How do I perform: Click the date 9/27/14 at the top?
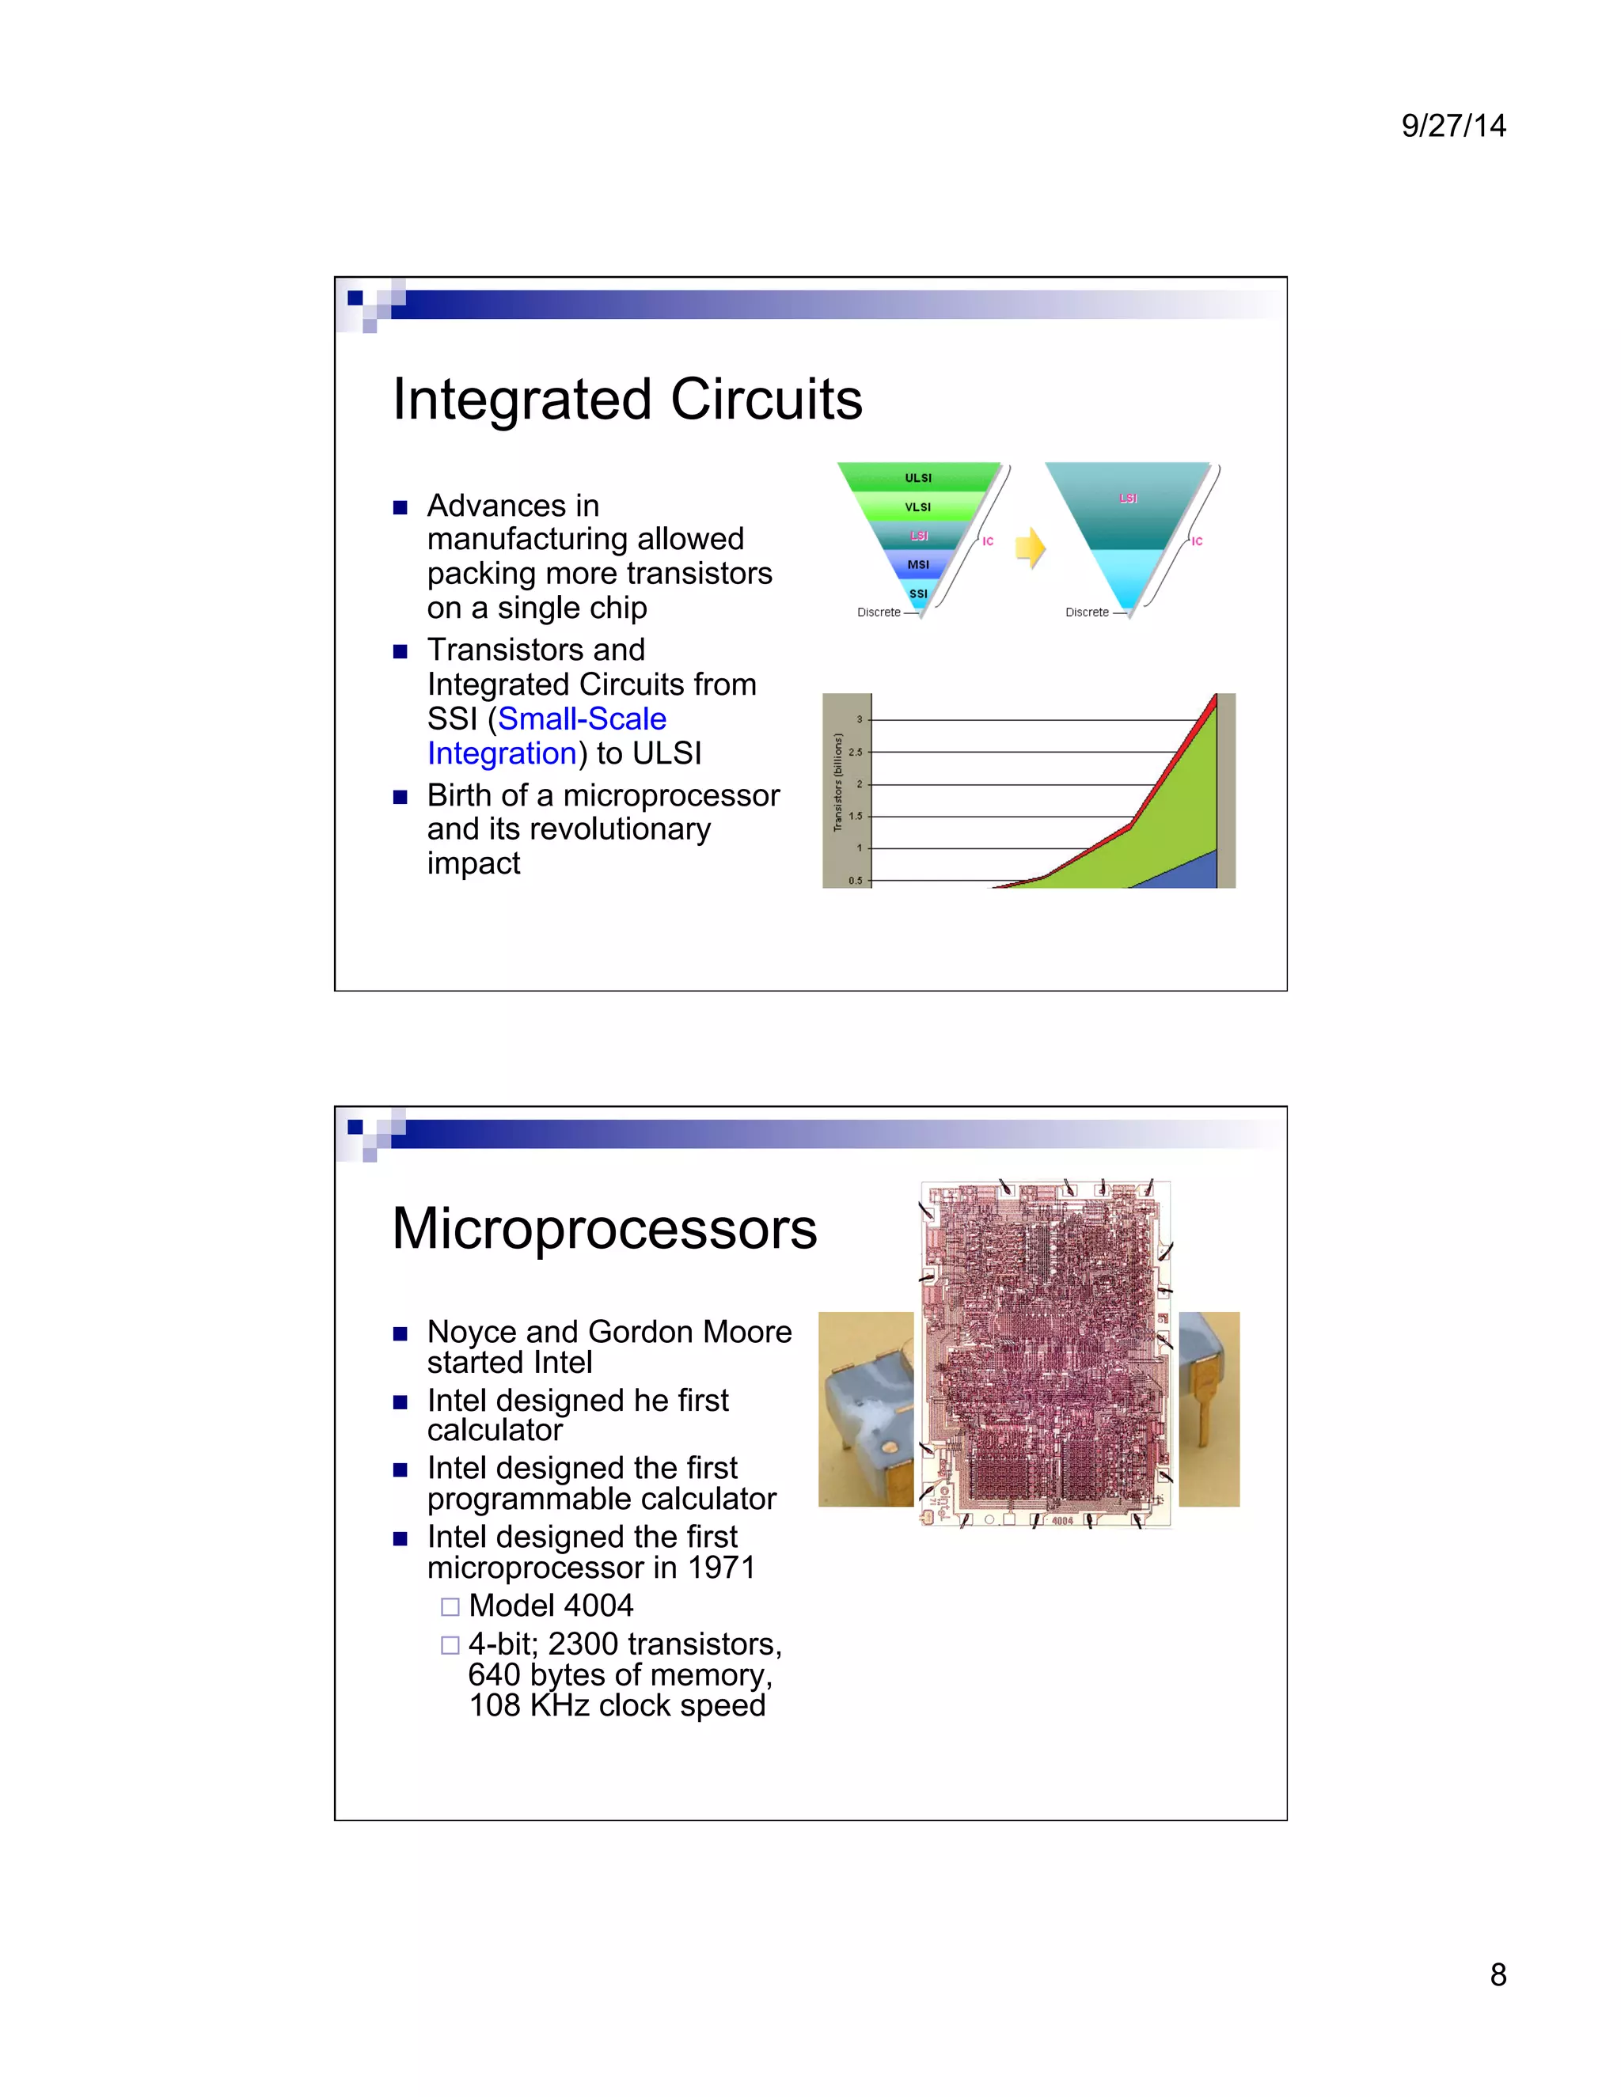[1453, 126]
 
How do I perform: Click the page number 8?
[1497, 1974]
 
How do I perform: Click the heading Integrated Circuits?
[627, 400]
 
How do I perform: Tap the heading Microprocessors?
[604, 1228]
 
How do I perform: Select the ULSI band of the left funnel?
[917, 477]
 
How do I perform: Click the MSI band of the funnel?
[917, 564]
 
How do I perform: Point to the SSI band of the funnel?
[918, 593]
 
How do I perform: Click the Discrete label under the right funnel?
[1086, 612]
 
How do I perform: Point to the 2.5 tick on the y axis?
[856, 752]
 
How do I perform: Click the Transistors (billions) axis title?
[837, 783]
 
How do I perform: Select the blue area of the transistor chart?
[1190, 872]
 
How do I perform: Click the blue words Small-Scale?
[582, 719]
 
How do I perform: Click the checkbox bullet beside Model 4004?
[450, 1606]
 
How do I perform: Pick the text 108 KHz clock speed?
[617, 1705]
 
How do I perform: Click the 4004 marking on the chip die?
[1061, 1521]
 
